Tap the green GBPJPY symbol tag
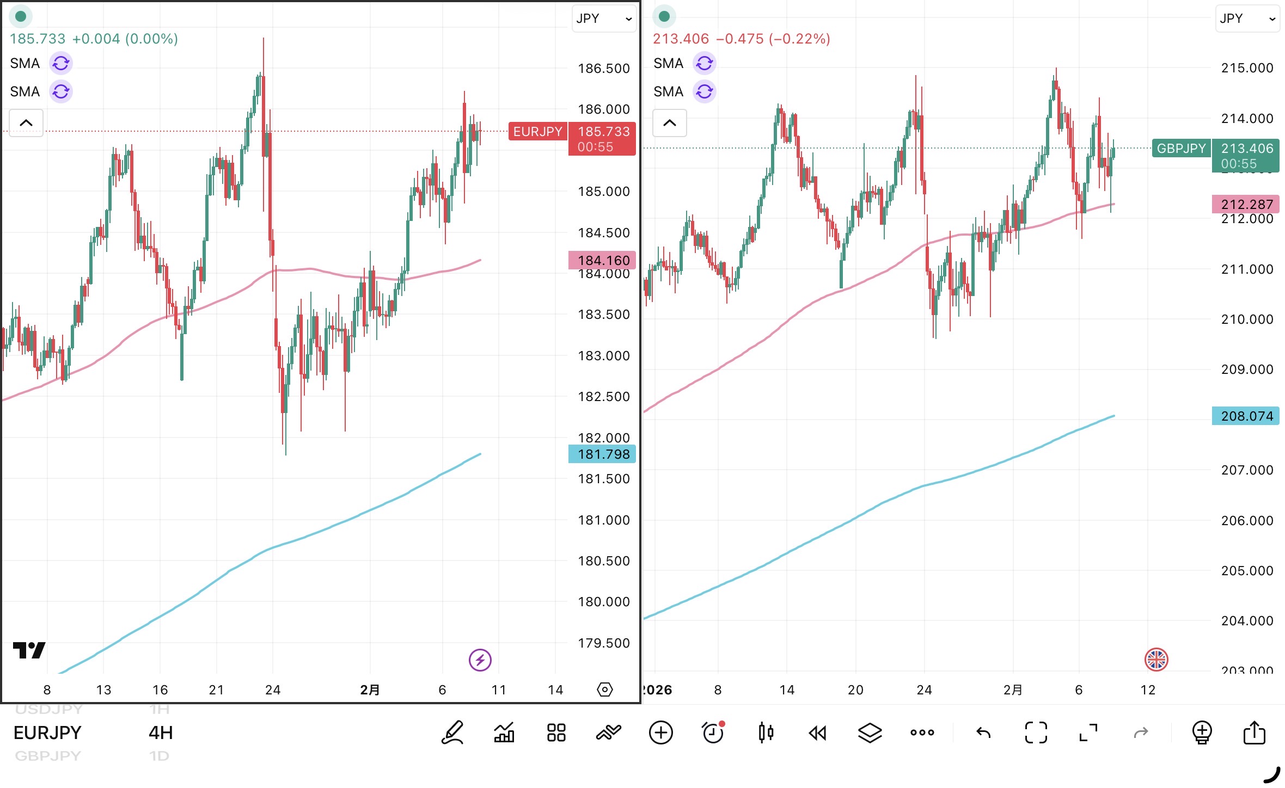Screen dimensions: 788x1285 click(x=1181, y=149)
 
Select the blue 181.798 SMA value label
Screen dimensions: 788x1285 click(x=602, y=454)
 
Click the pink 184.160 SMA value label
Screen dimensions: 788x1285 click(x=602, y=261)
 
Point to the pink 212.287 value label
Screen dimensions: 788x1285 click(x=1246, y=205)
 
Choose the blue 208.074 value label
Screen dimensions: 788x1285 click(x=1246, y=416)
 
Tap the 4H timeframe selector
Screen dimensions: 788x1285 click(x=161, y=733)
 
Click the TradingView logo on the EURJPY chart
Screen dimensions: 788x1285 click(x=29, y=650)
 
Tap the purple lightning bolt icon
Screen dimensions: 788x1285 click(x=480, y=660)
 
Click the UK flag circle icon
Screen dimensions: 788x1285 click(x=1156, y=660)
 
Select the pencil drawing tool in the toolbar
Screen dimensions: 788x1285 click(x=452, y=733)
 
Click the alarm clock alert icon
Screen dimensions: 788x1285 click(x=713, y=733)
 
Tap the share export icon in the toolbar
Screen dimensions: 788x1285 click(x=1254, y=733)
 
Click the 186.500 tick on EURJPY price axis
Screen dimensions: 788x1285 click(x=603, y=69)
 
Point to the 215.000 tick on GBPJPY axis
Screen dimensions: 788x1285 click(x=1247, y=68)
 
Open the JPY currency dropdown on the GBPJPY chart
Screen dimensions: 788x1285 click(x=1247, y=19)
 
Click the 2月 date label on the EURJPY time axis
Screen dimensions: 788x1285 click(x=370, y=690)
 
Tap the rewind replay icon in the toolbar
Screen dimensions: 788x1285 click(x=817, y=733)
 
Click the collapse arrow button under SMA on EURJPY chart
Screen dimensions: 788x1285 click(x=26, y=123)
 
